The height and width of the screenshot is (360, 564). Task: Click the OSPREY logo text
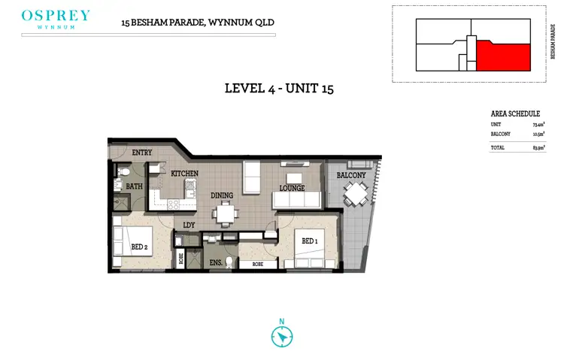point(56,16)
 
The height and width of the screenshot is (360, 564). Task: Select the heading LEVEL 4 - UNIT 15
point(279,89)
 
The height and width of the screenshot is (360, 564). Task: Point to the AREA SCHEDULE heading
point(515,113)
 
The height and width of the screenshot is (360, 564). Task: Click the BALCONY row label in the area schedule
point(501,134)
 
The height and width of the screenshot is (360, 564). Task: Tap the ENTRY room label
point(142,153)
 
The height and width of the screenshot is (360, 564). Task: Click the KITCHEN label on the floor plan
point(184,174)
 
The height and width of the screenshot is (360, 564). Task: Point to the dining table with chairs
point(223,213)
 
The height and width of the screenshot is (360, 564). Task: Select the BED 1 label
point(310,241)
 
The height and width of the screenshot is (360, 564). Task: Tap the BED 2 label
point(140,247)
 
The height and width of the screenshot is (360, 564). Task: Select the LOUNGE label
point(292,189)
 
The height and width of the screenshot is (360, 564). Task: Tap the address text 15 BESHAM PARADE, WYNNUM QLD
point(198,23)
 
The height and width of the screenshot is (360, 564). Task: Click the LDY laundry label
point(190,224)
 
